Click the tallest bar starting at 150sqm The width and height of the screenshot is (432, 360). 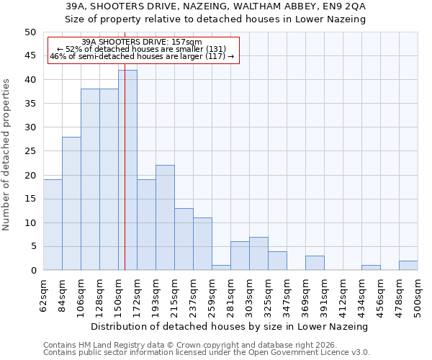[x=127, y=170]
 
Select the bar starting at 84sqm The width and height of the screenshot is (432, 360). [x=71, y=204]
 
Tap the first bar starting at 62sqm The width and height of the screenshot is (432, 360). [x=53, y=225]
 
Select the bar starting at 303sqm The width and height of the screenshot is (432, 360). [x=258, y=253]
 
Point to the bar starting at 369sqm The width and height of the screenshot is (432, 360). [x=315, y=263]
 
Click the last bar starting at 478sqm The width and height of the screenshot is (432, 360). [x=408, y=265]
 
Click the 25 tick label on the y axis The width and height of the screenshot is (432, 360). [x=30, y=151]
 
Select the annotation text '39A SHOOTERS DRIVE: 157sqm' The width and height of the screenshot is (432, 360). [x=142, y=42]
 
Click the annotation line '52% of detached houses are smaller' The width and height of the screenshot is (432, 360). [x=142, y=49]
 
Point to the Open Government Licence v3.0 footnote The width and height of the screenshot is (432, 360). [x=207, y=353]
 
